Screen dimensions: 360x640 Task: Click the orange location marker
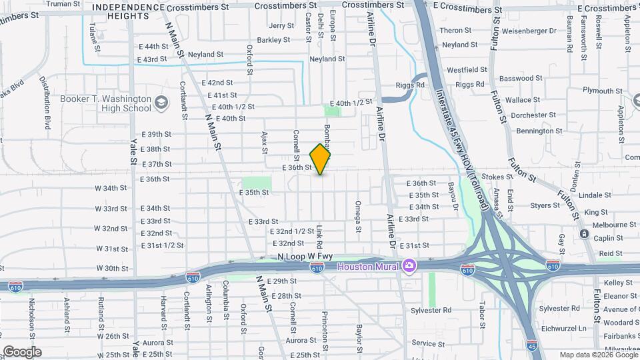321,159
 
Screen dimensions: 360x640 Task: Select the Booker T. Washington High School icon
161,103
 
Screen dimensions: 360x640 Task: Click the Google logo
22,352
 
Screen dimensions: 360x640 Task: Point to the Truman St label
63,3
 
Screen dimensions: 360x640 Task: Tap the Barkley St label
273,40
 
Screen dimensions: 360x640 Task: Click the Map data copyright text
597,355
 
